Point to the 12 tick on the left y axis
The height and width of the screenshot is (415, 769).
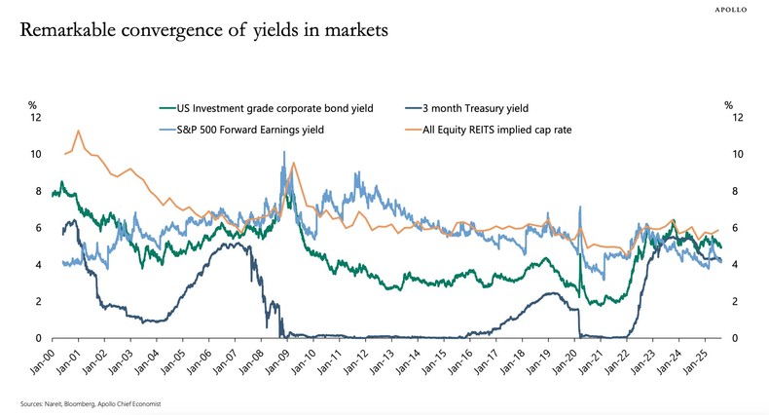tap(36, 117)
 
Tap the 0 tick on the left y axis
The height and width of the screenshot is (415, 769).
tap(36, 338)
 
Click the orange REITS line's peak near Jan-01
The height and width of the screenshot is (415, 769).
tap(79, 131)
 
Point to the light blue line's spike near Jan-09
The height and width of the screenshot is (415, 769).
tap(283, 152)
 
